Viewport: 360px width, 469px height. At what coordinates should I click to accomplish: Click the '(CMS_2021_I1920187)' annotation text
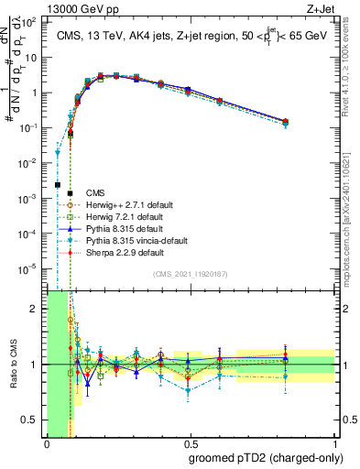191,274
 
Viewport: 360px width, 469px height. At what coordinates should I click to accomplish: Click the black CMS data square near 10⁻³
58,185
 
